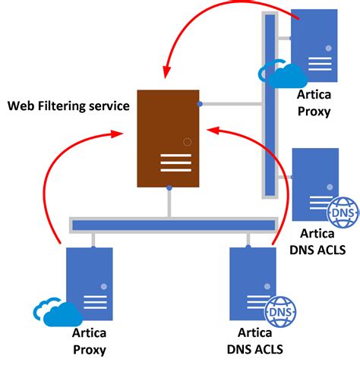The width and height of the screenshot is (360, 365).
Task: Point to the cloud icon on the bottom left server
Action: click(x=57, y=312)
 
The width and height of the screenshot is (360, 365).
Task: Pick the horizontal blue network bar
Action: click(x=173, y=225)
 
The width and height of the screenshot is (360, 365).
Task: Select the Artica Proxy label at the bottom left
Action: click(x=89, y=341)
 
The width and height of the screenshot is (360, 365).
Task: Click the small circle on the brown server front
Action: click(x=187, y=141)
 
